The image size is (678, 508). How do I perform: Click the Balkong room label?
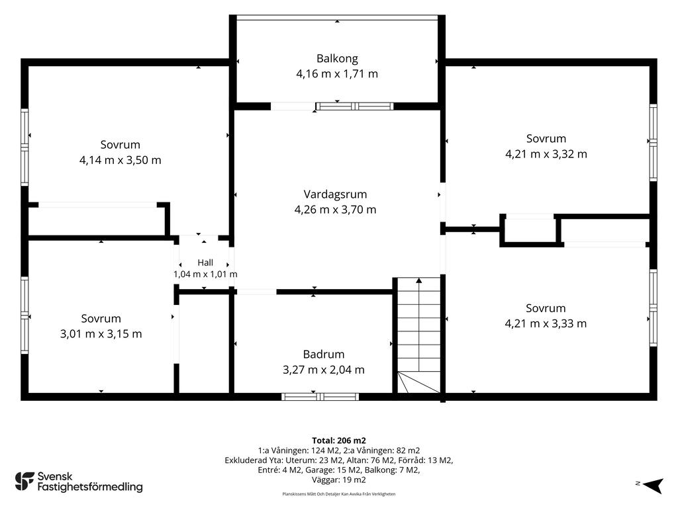click(x=337, y=59)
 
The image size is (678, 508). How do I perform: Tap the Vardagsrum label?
click(x=335, y=194)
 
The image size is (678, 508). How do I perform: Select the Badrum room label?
click(x=324, y=355)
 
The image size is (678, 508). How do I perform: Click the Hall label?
click(x=205, y=263)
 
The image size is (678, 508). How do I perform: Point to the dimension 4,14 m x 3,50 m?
click(x=121, y=160)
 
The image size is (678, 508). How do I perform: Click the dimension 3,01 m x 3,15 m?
click(x=101, y=334)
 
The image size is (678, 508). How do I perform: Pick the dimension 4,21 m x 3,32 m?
click(x=546, y=154)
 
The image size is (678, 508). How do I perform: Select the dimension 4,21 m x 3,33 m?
click(x=546, y=323)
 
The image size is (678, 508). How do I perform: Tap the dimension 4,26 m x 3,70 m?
click(x=335, y=210)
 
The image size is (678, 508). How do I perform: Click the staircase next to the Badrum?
click(x=419, y=335)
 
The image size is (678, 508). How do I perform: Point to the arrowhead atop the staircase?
click(x=419, y=280)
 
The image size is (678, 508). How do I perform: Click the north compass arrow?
click(x=653, y=486)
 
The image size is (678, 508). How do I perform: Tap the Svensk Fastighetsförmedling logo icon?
click(x=24, y=482)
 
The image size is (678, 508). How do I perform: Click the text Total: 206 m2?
click(x=339, y=441)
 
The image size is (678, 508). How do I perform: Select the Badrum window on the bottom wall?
click(x=320, y=397)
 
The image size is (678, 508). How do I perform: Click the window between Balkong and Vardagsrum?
click(x=355, y=106)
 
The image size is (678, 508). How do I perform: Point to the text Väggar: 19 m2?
click(x=339, y=480)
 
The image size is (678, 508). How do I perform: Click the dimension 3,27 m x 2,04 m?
click(x=324, y=370)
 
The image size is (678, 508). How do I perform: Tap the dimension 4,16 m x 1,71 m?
click(x=337, y=74)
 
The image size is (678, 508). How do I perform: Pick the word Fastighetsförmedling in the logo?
click(x=90, y=487)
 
